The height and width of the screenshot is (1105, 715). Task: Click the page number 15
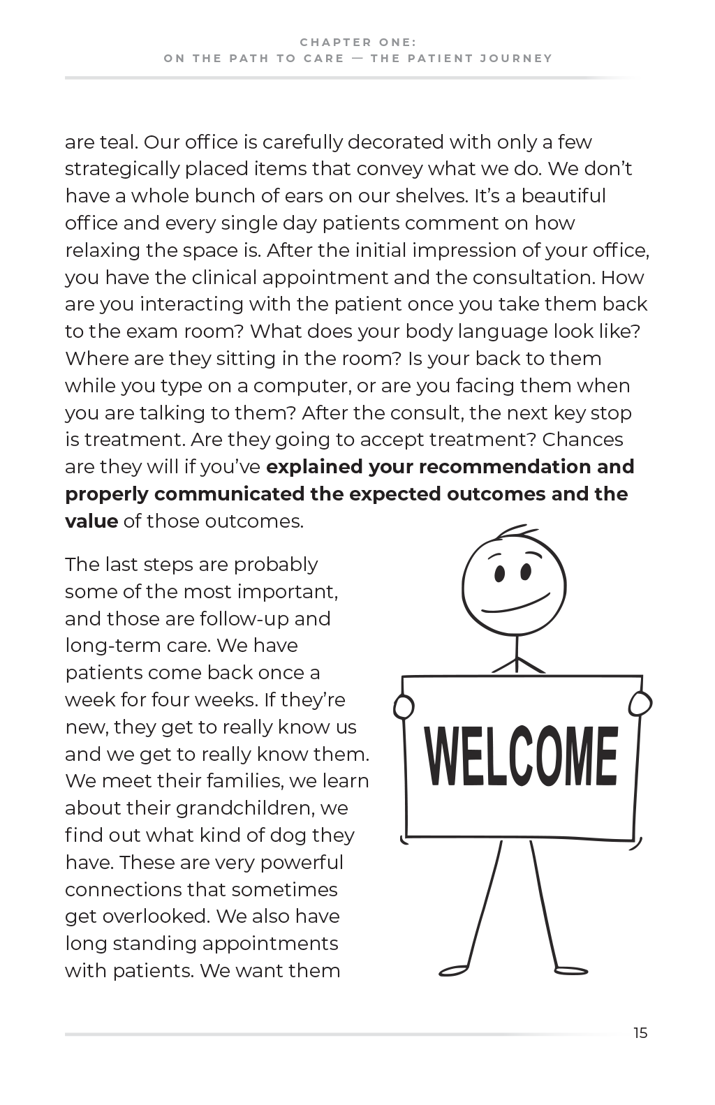point(640,1033)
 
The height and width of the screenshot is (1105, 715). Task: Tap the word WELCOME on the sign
point(521,757)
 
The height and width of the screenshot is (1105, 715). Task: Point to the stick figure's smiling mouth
point(513,607)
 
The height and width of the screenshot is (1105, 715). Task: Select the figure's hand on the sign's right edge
point(640,704)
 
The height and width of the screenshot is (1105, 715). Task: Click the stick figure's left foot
point(454,970)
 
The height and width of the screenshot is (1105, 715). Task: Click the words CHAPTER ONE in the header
point(358,42)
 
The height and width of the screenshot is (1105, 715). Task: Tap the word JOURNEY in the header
point(516,59)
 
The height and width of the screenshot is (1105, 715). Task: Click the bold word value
point(91,521)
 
